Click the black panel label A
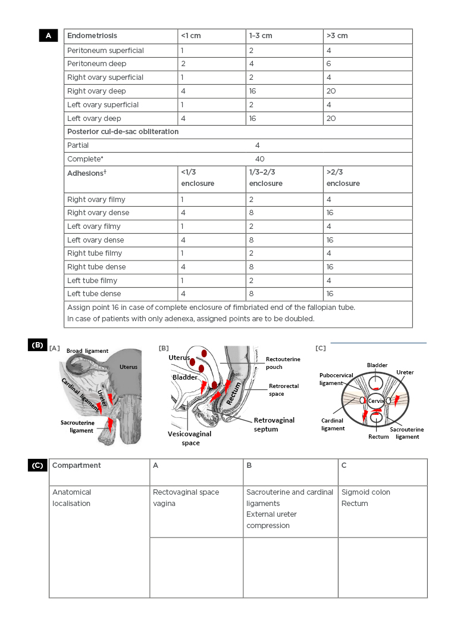point(48,36)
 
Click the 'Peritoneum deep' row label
point(96,64)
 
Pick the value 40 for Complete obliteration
point(259,159)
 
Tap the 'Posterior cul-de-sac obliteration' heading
point(123,132)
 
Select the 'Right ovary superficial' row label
point(105,77)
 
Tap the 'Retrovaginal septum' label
point(274,424)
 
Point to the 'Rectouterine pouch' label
point(283,363)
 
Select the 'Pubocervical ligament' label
point(336,379)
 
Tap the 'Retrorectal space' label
point(284,390)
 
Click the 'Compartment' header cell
point(77,465)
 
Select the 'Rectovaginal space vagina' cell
point(186,498)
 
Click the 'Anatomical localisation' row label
point(72,498)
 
